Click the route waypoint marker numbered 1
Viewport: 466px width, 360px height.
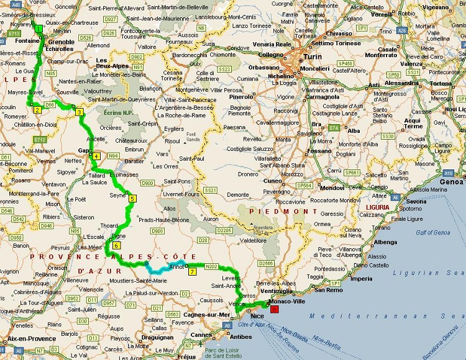click(x=39, y=28)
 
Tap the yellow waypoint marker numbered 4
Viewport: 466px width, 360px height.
click(x=96, y=156)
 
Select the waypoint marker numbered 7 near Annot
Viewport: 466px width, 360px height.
click(x=192, y=271)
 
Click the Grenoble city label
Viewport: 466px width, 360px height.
click(x=61, y=42)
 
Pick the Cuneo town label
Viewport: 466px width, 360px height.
click(x=273, y=181)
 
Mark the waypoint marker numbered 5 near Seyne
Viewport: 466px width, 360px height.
click(x=132, y=199)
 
